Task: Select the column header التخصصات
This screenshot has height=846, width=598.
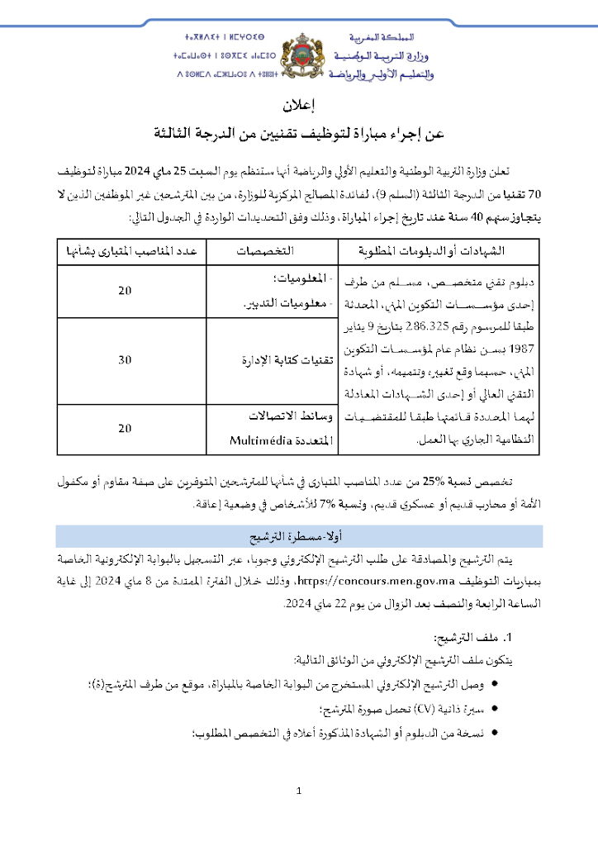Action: pyautogui.click(x=271, y=250)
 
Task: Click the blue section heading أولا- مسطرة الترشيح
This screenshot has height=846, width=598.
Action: pyautogui.click(x=298, y=537)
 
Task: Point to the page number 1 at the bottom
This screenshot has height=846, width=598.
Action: pyautogui.click(x=299, y=791)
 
